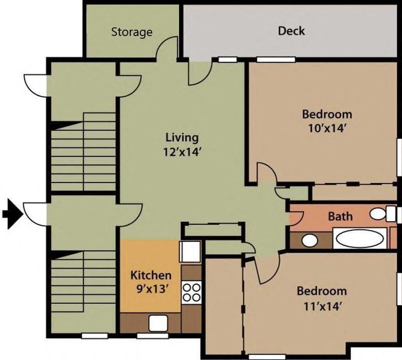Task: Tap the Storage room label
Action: point(132,32)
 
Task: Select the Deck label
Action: point(291,31)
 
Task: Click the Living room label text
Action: point(182,137)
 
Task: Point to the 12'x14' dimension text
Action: point(182,152)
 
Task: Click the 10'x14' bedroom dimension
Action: point(327,128)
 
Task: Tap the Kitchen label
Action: point(151,275)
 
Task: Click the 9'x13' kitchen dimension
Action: point(151,289)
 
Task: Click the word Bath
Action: point(340,216)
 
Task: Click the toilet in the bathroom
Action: point(381,213)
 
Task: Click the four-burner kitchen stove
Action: point(191,292)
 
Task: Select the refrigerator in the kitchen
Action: point(190,251)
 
